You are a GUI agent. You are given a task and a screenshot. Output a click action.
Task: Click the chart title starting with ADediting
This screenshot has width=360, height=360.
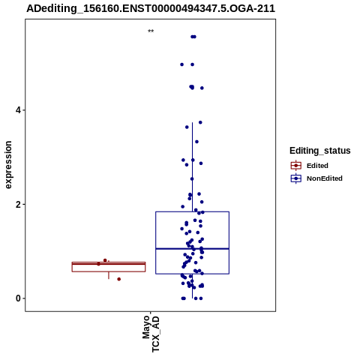pos(151,8)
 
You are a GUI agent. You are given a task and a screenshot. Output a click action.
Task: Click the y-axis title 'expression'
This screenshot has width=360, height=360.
pos(8,165)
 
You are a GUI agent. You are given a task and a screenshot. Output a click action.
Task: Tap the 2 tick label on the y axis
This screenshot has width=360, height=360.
pos(18,205)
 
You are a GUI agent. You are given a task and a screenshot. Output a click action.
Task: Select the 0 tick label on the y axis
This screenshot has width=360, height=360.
pos(18,298)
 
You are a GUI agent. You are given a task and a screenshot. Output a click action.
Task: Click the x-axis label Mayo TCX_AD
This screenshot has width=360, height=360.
pos(151,334)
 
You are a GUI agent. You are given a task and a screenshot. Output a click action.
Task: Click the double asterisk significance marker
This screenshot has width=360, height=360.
pos(151,31)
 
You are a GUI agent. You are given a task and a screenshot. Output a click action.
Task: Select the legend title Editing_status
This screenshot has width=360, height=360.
pos(320,151)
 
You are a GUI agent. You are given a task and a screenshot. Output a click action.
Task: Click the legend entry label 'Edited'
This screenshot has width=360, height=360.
pos(317,166)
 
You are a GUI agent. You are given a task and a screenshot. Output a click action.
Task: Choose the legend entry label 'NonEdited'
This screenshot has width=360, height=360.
pos(325,178)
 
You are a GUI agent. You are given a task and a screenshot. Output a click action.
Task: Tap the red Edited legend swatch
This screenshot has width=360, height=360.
pos(296,166)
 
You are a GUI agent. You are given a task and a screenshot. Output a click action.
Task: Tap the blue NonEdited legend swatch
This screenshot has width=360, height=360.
pos(296,178)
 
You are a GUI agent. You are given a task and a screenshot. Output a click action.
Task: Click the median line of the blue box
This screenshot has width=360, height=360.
pos(192,249)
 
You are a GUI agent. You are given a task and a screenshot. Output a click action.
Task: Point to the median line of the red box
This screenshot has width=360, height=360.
pos(109,264)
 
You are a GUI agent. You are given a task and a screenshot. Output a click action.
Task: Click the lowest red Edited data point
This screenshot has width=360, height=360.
pos(119,279)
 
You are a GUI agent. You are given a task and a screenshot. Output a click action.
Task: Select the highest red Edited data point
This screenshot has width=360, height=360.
pos(105,260)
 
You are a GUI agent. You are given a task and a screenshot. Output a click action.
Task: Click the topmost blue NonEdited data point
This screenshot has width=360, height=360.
pos(193,37)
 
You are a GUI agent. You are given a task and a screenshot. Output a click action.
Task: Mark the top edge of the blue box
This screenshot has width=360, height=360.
pos(192,212)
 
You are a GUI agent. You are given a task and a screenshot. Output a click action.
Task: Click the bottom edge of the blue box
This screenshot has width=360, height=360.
pos(192,274)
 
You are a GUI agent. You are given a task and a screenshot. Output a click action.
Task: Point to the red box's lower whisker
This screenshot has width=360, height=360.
pos(109,275)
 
